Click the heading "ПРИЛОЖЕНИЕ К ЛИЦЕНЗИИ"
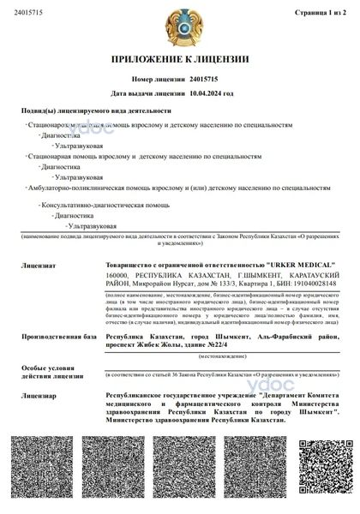pos(180,60)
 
